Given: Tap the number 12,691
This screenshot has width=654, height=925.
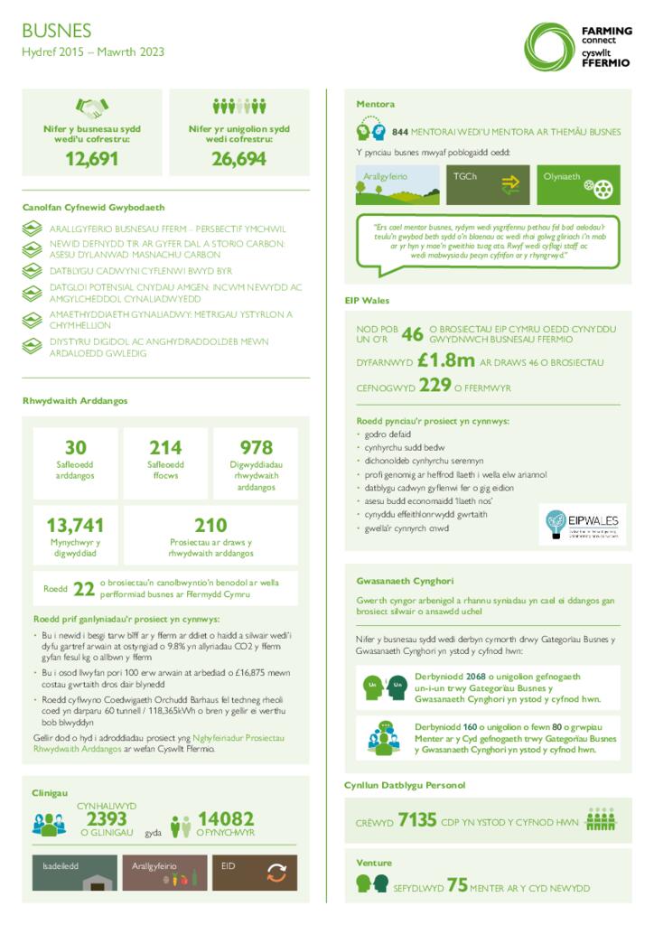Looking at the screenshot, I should point(91,159).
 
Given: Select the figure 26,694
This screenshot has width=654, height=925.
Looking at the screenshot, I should point(239,159).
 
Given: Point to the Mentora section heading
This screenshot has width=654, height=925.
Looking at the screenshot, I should point(375,104).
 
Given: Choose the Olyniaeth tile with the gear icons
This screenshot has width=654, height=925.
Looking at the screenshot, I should point(579,184).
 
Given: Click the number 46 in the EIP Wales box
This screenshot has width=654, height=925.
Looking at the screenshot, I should point(412,334).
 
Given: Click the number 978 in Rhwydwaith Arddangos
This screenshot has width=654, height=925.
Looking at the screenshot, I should point(257,447).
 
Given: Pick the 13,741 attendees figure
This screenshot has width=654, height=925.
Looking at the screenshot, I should point(75,525).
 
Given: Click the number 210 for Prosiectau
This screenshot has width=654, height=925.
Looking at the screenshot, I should point(210,525).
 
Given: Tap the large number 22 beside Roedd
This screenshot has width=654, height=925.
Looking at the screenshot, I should point(83,589).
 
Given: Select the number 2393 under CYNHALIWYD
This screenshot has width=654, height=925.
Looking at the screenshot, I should point(107,818).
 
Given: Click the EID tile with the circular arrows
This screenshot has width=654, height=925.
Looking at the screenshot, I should point(255,871).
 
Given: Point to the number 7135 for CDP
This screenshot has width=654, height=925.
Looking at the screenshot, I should point(417,820).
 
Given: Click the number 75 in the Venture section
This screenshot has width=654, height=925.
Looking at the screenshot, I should point(457,885).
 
